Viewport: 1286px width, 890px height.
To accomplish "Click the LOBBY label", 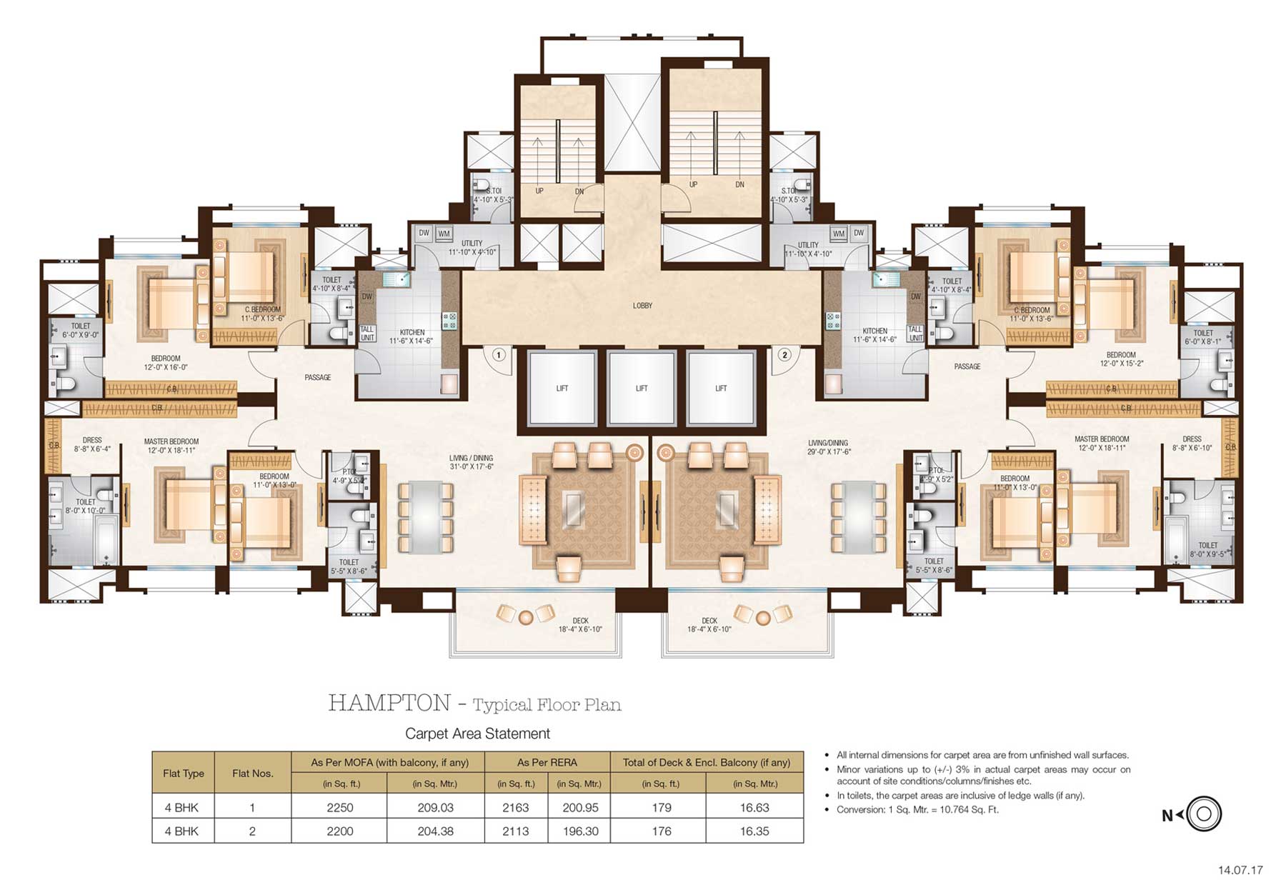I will [x=642, y=306].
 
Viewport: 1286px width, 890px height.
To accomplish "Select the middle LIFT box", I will [x=642, y=388].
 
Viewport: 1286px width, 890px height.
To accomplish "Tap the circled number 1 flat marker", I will [x=499, y=355].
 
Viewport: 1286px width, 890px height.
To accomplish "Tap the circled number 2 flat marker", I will [x=784, y=355].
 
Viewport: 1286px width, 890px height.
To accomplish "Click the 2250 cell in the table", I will [x=339, y=808].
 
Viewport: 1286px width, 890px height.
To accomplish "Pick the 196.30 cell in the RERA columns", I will [x=579, y=831].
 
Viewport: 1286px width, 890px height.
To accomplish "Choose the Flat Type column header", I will [x=184, y=774].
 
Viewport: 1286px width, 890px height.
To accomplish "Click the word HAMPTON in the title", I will [x=389, y=704].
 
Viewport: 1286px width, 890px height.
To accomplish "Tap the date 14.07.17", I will [x=1240, y=870].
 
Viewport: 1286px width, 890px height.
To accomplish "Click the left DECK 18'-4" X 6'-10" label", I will [x=580, y=625].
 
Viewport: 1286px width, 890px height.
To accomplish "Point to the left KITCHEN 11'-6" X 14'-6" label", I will [x=412, y=336].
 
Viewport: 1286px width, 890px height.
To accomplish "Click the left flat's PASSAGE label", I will [x=317, y=377].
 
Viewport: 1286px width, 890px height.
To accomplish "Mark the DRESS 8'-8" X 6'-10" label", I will [x=1192, y=444].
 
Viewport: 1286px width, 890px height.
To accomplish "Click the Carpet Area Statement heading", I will [x=477, y=734].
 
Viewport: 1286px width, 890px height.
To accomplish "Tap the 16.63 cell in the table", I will [x=754, y=808].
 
